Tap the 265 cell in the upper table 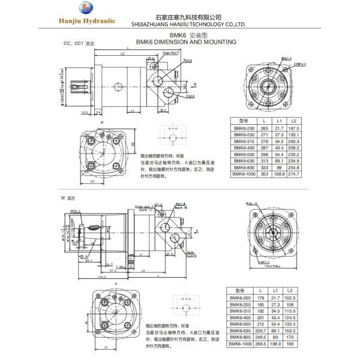tap(263, 128)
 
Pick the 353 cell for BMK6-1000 tap(263, 173)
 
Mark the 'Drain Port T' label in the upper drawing tap(171, 53)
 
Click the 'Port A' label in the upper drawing tap(190, 97)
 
